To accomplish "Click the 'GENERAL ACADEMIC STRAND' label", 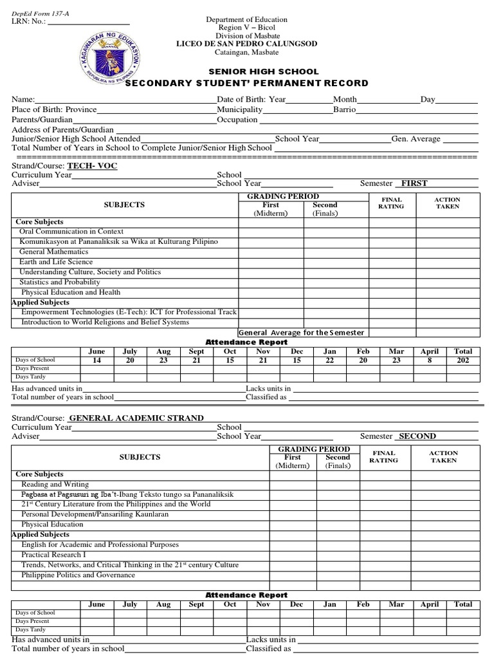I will [x=136, y=418].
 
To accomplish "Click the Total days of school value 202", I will [x=462, y=361].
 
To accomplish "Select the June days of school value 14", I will [x=96, y=361].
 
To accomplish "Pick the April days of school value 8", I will [x=429, y=361].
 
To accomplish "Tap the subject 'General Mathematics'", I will [x=54, y=252].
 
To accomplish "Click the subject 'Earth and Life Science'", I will [x=56, y=262].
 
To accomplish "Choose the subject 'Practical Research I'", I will [x=52, y=554].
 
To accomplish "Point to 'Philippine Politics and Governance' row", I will [x=78, y=575].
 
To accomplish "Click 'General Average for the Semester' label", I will [x=301, y=333].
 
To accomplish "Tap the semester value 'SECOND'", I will [x=417, y=436].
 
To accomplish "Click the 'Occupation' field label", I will [x=237, y=120].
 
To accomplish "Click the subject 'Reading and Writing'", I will [x=55, y=484].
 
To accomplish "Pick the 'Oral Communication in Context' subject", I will [x=71, y=231].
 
